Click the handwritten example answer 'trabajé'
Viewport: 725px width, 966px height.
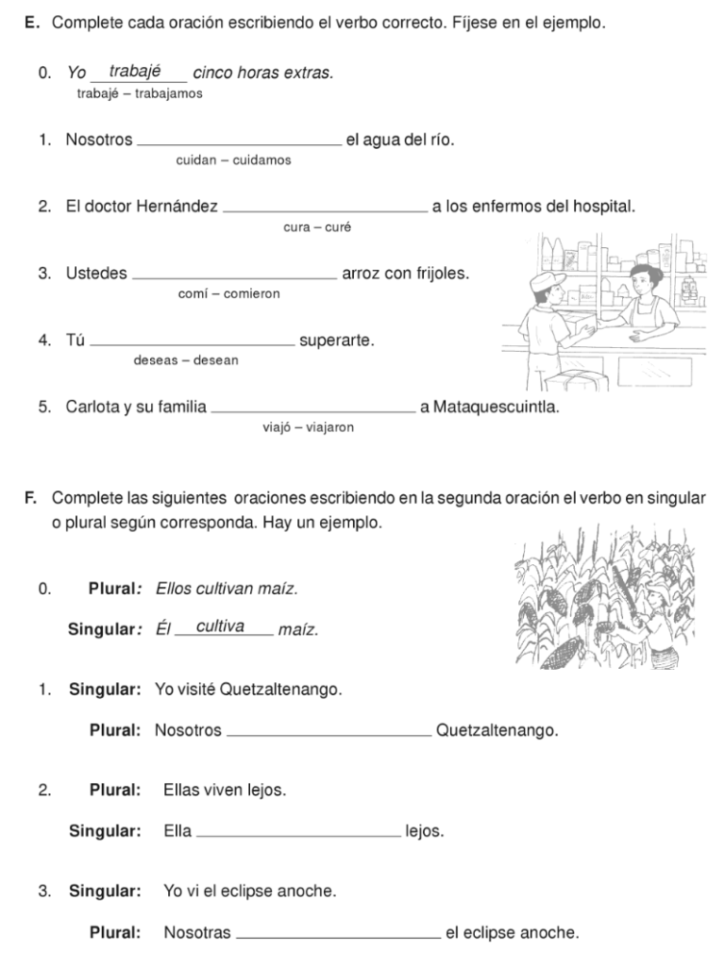(x=136, y=72)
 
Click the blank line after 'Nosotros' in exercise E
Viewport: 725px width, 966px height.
(x=240, y=142)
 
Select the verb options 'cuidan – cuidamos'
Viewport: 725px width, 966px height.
(x=233, y=160)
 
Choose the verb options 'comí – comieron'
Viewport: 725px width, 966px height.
(x=228, y=293)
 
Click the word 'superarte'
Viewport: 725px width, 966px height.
(x=336, y=341)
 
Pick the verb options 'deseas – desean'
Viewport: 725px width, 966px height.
(x=186, y=360)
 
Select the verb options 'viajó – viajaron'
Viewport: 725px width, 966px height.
(x=308, y=427)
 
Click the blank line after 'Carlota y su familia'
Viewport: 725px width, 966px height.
(x=313, y=410)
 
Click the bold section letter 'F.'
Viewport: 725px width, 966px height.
(x=31, y=497)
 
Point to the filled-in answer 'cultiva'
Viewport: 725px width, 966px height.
(x=221, y=626)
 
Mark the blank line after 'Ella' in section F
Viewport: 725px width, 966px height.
(x=298, y=834)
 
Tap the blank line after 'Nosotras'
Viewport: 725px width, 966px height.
(x=338, y=936)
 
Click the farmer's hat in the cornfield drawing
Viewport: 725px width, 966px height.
(x=654, y=589)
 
